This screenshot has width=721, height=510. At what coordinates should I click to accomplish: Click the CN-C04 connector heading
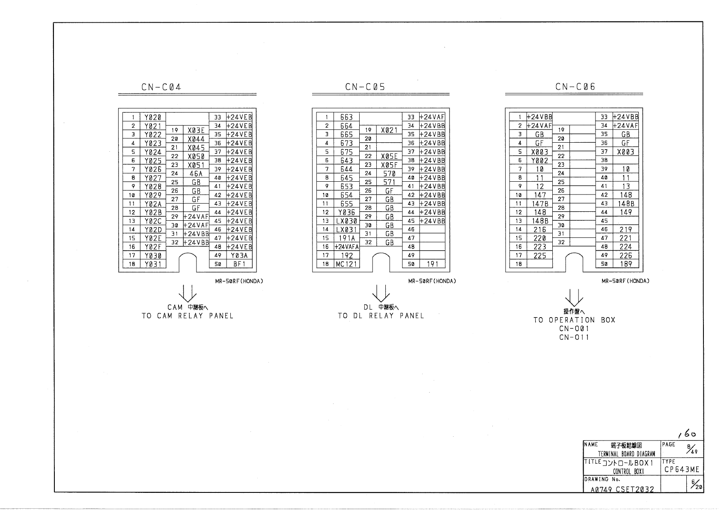[x=161, y=87]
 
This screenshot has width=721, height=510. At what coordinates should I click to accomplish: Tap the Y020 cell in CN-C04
[x=153, y=117]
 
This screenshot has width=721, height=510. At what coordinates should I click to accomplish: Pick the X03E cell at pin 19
[x=196, y=130]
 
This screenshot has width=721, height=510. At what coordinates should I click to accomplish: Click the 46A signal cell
[x=196, y=174]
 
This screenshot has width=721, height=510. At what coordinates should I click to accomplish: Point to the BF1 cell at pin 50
[x=239, y=264]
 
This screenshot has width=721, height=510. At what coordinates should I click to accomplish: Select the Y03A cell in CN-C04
[x=239, y=255]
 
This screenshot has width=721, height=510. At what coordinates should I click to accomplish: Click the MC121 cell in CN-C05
[x=346, y=264]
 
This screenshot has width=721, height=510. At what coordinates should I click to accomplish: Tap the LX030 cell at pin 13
[x=346, y=221]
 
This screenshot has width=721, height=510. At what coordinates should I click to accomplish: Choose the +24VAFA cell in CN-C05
[x=346, y=247]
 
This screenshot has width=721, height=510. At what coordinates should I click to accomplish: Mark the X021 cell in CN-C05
[x=389, y=130]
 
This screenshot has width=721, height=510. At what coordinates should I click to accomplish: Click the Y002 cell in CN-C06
[x=539, y=161]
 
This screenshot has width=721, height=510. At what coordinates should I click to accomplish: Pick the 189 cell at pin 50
[x=626, y=264]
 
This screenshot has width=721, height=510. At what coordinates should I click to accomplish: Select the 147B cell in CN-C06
[x=539, y=204]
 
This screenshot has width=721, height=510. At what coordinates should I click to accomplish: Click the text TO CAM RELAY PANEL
[x=188, y=316]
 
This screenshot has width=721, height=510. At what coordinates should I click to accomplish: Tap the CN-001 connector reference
[x=574, y=329]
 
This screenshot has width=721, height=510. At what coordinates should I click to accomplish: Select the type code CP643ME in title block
[x=682, y=470]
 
